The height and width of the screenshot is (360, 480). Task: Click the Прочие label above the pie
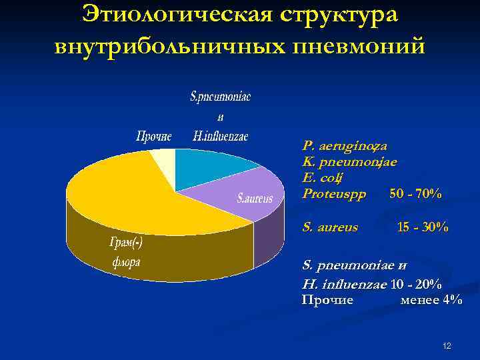click(154, 137)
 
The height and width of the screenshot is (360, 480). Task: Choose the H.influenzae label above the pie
click(220, 137)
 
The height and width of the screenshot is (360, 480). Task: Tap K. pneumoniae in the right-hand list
click(349, 161)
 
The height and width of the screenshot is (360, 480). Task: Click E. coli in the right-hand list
click(322, 177)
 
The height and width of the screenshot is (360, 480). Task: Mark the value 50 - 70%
click(415, 194)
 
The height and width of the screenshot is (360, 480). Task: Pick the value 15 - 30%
click(422, 227)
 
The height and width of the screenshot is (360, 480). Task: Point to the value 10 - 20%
click(415, 285)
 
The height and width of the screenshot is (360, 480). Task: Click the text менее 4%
click(431, 300)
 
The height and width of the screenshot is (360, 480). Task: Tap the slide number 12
click(447, 346)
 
